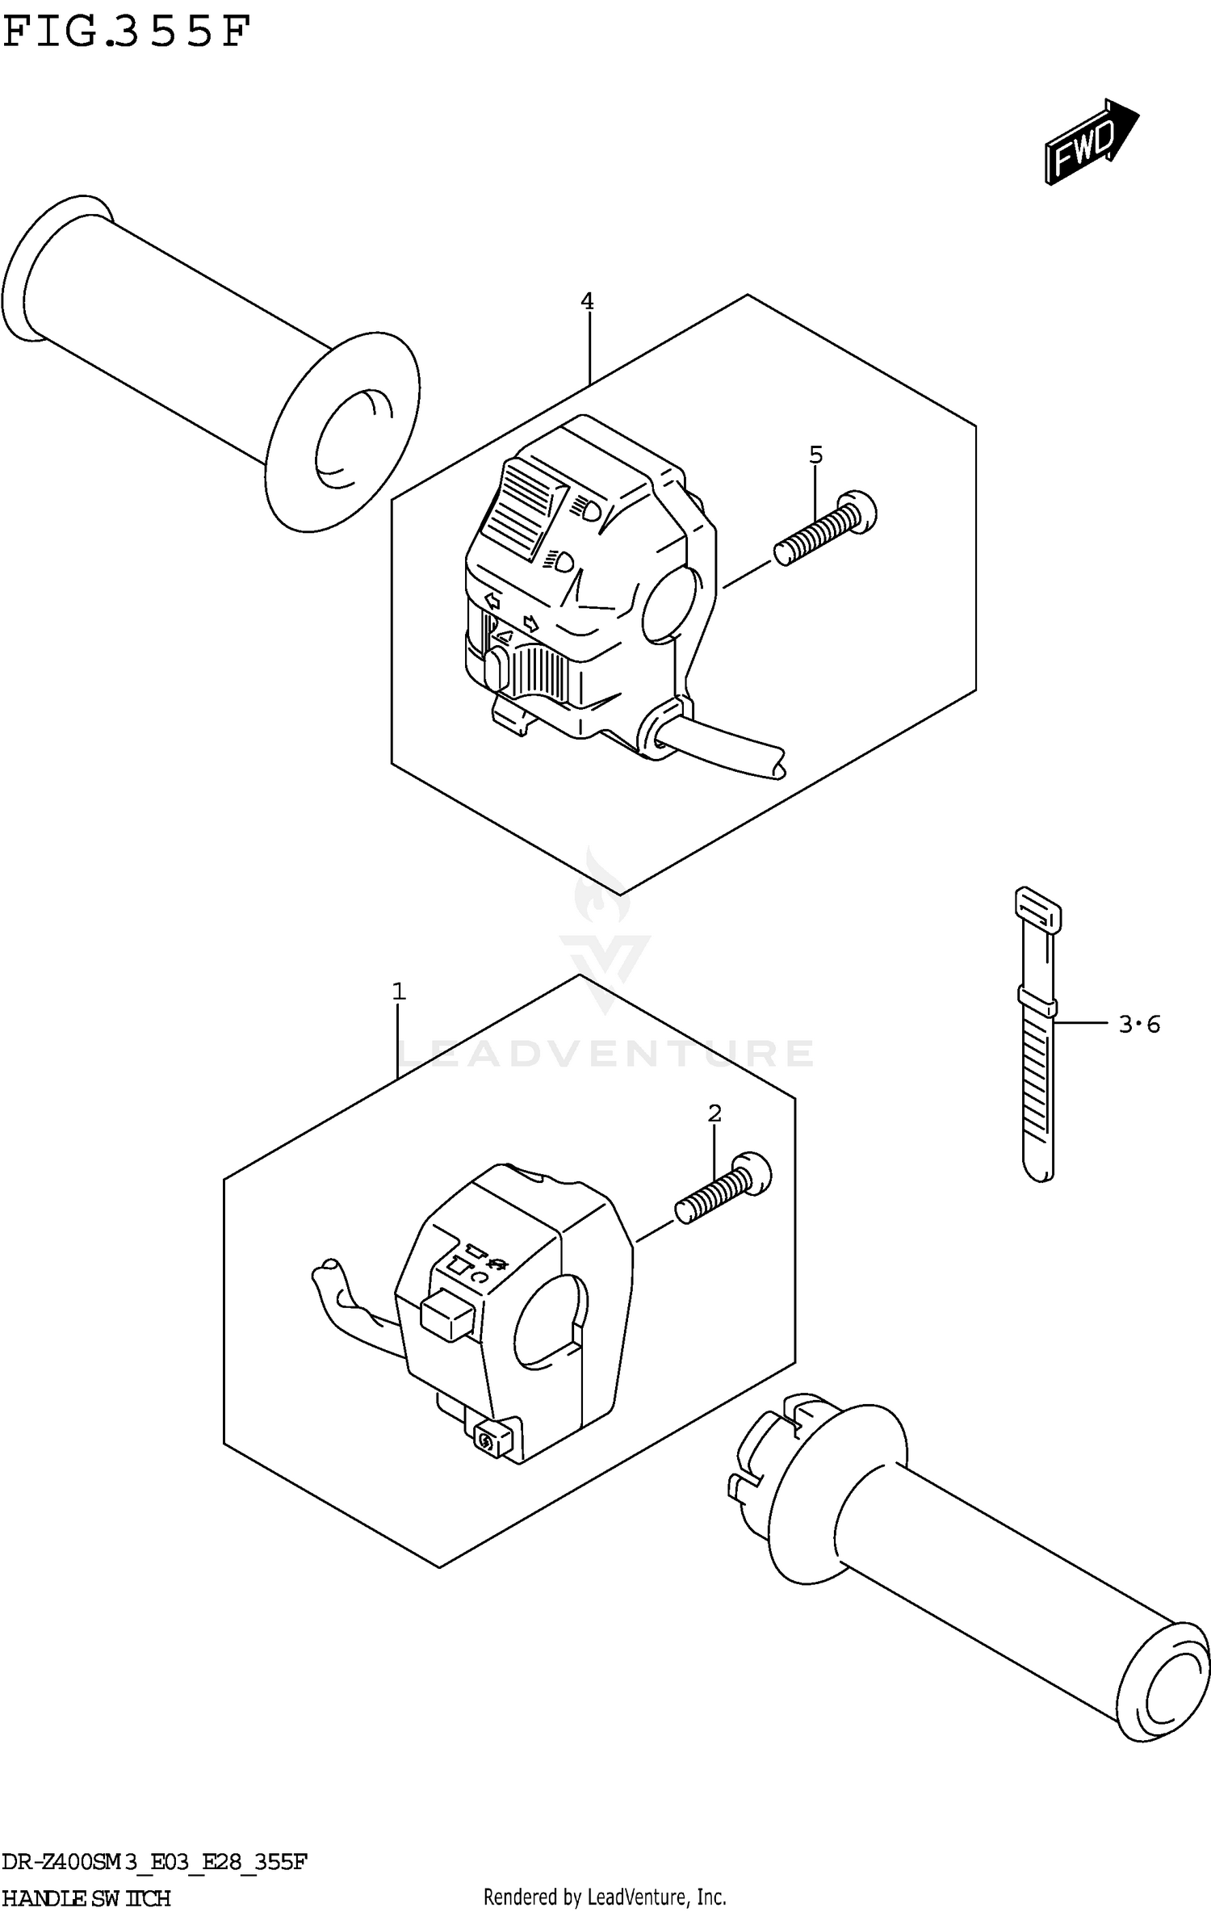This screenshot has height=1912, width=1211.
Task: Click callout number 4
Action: (x=587, y=302)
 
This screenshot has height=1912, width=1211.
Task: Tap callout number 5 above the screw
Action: (x=815, y=455)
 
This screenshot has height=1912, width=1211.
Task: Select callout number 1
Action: (x=398, y=991)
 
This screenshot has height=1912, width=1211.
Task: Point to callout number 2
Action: (x=714, y=1113)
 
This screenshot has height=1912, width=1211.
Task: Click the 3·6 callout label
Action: (x=1138, y=1025)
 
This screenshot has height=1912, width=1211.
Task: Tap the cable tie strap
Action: (x=1037, y=1042)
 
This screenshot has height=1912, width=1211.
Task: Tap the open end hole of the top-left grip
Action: (x=354, y=440)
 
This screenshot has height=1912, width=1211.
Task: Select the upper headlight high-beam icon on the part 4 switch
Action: (x=587, y=508)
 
